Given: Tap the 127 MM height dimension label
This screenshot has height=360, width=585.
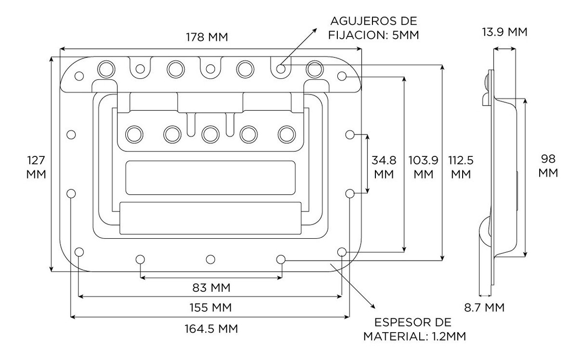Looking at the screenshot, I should (x=37, y=167).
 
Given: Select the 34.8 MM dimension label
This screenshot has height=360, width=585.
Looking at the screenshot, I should (x=384, y=167).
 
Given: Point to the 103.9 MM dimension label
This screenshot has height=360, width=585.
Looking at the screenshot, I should (x=423, y=167).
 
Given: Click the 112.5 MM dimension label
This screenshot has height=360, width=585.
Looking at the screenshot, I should (x=461, y=167).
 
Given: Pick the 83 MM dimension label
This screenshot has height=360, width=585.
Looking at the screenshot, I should (x=211, y=288).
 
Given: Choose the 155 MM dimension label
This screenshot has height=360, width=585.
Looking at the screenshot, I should (x=211, y=308).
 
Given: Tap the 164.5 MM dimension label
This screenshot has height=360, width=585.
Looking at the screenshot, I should (x=211, y=328).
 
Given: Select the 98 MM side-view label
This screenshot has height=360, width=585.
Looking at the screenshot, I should (x=548, y=166).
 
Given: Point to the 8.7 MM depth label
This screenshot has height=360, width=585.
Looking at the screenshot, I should (x=484, y=308).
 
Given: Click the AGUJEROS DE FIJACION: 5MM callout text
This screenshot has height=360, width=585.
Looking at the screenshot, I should (x=374, y=28).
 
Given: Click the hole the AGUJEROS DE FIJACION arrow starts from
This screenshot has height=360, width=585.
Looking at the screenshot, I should (x=281, y=69).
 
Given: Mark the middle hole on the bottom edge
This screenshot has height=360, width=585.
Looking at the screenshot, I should (x=211, y=259).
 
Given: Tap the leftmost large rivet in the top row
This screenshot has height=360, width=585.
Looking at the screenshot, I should (x=105, y=69).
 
